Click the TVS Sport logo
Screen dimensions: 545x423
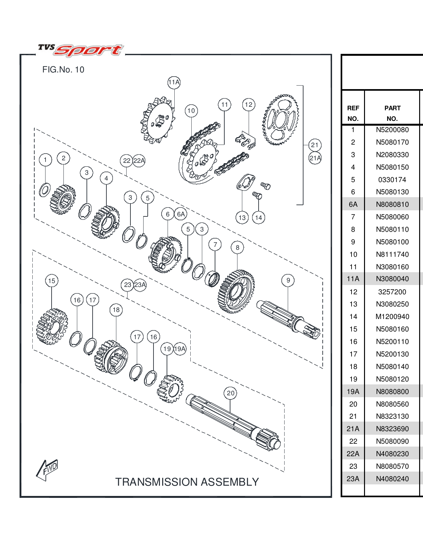pyautogui.click(x=80, y=50)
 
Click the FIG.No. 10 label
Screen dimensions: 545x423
pyautogui.click(x=63, y=70)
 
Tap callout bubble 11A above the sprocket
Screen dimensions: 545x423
pyautogui.click(x=174, y=82)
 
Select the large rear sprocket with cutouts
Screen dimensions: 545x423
pyautogui.click(x=281, y=120)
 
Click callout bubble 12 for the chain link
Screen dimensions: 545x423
pyautogui.click(x=248, y=105)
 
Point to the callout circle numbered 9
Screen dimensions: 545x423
pyautogui.click(x=288, y=280)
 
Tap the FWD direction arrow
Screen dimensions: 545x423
pyautogui.click(x=47, y=469)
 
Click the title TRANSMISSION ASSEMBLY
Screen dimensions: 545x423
pyautogui.click(x=187, y=482)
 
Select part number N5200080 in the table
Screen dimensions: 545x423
pyautogui.click(x=392, y=130)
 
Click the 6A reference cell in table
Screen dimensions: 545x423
pyautogui.click(x=353, y=205)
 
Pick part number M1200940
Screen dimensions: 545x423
pyautogui.click(x=392, y=317)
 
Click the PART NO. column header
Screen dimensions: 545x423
pyautogui.click(x=392, y=113)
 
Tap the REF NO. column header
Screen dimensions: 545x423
pyautogui.click(x=353, y=113)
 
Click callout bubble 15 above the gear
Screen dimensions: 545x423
pyautogui.click(x=52, y=281)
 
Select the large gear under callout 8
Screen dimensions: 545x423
pyautogui.click(x=236, y=291)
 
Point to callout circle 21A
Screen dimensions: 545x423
pyautogui.click(x=315, y=158)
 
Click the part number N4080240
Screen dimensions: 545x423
pyautogui.click(x=392, y=479)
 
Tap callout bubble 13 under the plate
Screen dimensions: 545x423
pyautogui.click(x=242, y=218)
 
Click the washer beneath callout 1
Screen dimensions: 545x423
pyautogui.click(x=45, y=190)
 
